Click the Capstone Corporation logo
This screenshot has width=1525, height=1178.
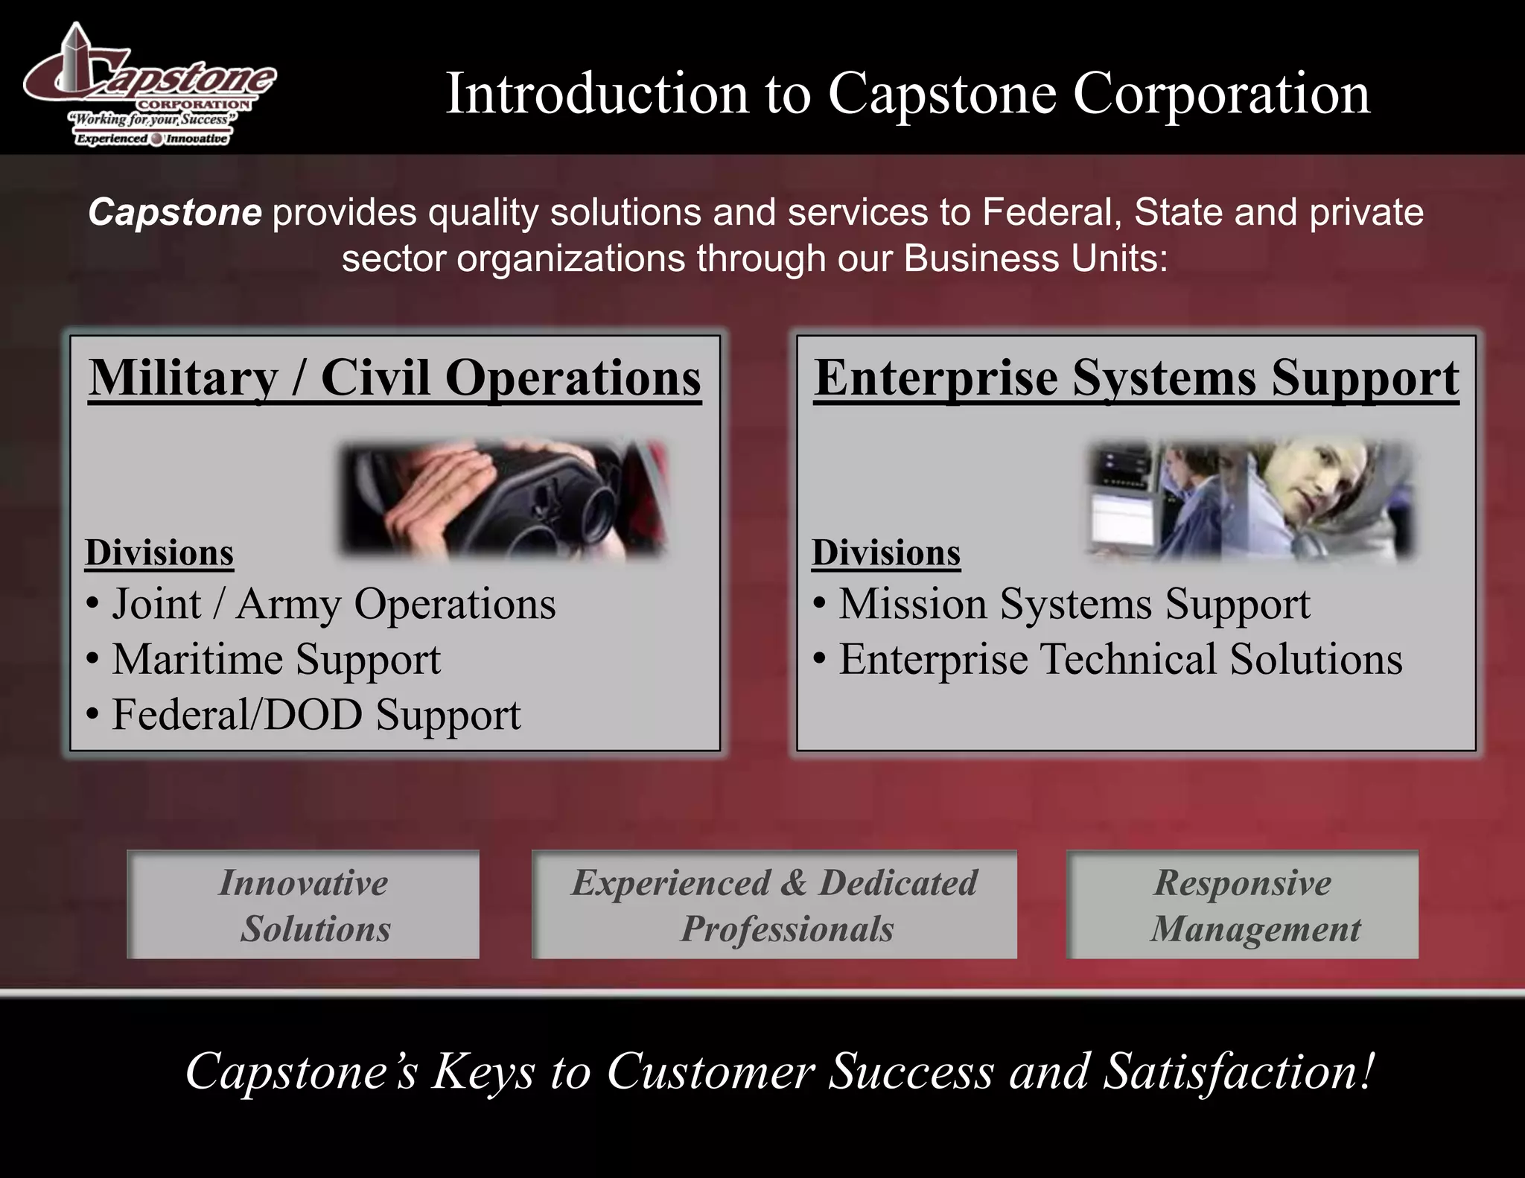click(149, 86)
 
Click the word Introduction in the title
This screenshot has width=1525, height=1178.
click(596, 95)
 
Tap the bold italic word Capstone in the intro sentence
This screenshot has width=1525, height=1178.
click(175, 213)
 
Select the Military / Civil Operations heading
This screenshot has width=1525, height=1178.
click(395, 378)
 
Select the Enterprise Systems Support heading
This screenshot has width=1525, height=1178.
click(1136, 378)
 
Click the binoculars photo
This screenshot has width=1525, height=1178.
click(504, 499)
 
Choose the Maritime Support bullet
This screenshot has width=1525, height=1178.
click(276, 660)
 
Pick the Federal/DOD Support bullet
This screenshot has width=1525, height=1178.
click(316, 715)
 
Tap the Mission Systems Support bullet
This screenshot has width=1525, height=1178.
click(1074, 604)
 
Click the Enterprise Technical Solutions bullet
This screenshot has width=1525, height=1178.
click(1120, 660)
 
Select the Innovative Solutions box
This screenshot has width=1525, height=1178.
click(303, 905)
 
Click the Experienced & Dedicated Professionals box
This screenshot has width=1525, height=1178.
click(774, 905)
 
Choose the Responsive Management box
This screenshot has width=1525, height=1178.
click(1243, 905)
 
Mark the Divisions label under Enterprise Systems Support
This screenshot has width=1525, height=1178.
click(886, 553)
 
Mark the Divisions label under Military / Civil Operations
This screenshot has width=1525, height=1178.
click(159, 553)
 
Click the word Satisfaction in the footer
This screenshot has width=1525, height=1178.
click(1236, 1072)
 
